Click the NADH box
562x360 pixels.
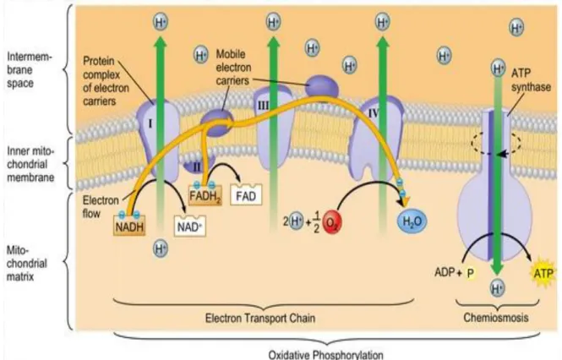coord(130,225)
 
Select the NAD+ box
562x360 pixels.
coord(189,226)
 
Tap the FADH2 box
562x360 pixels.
coord(205,195)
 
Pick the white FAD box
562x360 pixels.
coord(246,195)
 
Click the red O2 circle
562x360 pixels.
coord(332,222)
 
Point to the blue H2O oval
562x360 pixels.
coord(412,221)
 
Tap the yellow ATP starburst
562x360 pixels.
coord(543,274)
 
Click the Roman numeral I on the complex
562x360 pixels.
coord(150,123)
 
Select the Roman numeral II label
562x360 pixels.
coord(196,166)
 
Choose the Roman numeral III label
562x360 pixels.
coord(263,106)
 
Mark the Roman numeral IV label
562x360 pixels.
coord(374,113)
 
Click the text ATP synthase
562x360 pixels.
coord(531,79)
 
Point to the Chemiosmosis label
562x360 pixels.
coord(496,318)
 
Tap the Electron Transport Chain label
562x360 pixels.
coord(260,318)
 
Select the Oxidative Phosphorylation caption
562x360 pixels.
coord(326,355)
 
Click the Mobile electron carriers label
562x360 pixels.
coord(233,68)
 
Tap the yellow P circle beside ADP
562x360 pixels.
coord(470,273)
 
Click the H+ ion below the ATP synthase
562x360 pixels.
coord(497,288)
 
